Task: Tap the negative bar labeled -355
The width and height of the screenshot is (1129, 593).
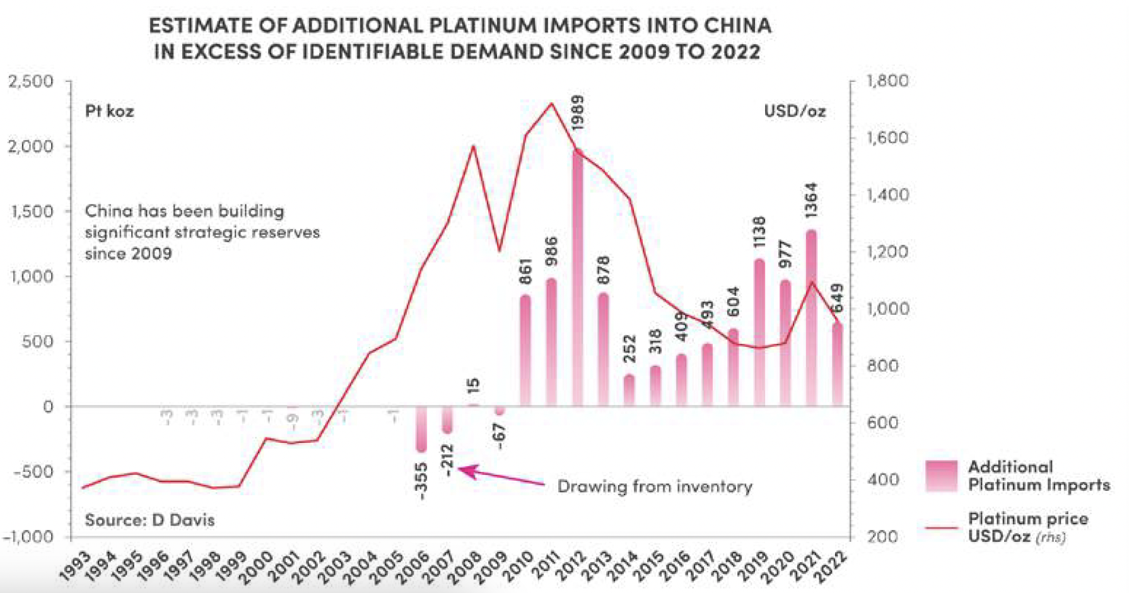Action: pos(421,429)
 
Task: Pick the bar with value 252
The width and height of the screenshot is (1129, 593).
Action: pos(629,390)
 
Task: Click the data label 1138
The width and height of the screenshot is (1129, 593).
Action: pos(759,232)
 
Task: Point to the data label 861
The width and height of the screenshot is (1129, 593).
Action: pos(525,272)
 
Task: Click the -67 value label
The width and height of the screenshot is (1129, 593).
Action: pos(500,436)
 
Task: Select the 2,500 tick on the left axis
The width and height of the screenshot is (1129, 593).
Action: pos(31,81)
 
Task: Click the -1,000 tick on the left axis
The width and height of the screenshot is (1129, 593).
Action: pos(28,537)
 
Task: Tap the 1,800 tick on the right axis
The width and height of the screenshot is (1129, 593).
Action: pos(887,81)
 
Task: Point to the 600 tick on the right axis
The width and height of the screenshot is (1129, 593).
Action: pos(882,423)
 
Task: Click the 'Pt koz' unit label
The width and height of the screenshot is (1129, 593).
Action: pos(109,112)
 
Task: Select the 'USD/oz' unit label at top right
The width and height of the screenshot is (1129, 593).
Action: pos(795,112)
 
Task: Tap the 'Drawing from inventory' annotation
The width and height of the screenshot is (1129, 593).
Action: pos(655,486)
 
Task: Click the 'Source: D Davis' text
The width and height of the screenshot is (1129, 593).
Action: pos(149,520)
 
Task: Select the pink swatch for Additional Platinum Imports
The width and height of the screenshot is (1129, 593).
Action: pos(941,476)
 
